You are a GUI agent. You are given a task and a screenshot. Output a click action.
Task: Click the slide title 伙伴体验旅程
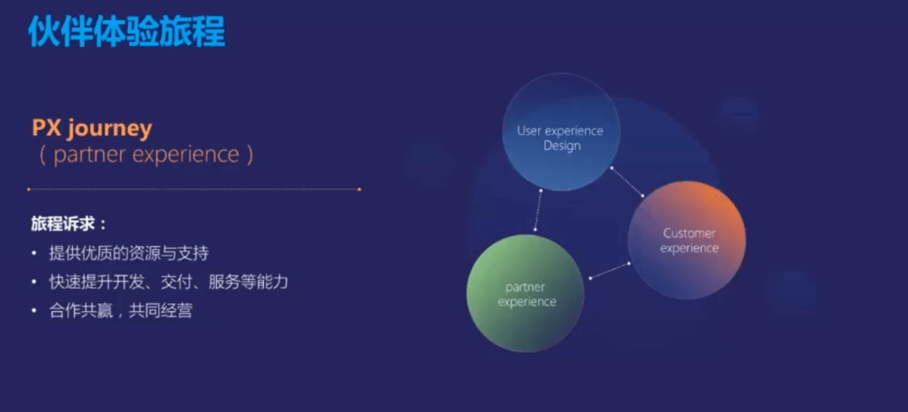(x=126, y=31)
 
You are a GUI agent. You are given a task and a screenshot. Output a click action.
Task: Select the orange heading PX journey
(x=92, y=129)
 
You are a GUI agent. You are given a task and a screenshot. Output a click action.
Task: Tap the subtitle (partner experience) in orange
(x=146, y=155)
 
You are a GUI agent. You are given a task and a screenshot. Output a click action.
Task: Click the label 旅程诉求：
(x=69, y=224)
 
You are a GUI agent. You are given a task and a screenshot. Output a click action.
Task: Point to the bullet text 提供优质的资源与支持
(x=129, y=253)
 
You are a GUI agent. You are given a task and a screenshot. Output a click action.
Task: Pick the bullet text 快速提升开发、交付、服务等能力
(x=168, y=283)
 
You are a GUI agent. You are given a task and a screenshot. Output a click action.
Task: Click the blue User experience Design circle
(x=561, y=132)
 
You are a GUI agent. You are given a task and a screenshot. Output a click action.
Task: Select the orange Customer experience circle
(x=687, y=240)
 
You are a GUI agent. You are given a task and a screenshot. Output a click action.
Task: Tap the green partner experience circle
(x=525, y=293)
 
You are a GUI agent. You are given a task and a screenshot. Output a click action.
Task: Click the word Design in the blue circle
(x=562, y=145)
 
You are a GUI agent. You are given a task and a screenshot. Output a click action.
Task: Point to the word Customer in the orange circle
(x=689, y=234)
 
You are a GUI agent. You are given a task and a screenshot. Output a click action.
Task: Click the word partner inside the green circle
(x=525, y=288)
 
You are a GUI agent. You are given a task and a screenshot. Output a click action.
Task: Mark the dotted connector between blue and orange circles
(x=626, y=182)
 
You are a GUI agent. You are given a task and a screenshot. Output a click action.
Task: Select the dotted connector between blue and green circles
(x=538, y=210)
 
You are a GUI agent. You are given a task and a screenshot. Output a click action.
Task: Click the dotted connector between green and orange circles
(x=610, y=271)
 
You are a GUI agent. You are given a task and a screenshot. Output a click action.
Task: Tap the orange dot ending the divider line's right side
(x=359, y=189)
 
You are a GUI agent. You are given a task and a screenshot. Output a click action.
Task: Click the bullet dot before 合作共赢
(x=34, y=312)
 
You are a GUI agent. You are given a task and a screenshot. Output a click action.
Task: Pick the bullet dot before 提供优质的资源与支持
(x=34, y=254)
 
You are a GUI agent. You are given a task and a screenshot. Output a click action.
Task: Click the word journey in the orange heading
(x=109, y=129)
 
